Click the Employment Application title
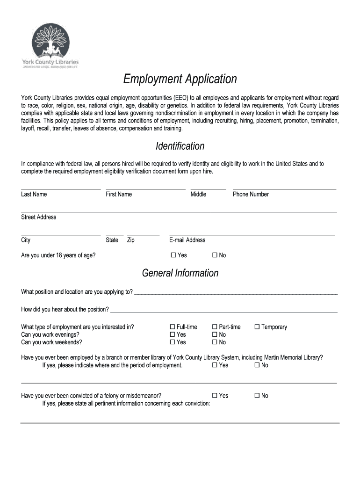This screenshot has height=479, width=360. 180,79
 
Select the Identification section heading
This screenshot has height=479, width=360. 180,146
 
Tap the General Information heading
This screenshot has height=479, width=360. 180,273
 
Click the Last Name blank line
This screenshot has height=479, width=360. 61,188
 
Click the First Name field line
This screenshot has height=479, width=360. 145,188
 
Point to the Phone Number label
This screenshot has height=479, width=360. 251,194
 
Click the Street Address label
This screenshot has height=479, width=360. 38,217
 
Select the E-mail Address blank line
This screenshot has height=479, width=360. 252,233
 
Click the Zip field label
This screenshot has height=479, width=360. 131,240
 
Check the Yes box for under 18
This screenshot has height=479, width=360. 173,255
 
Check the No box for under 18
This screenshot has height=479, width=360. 215,255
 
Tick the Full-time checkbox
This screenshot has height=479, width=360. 172,327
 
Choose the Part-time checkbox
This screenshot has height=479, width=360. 215,327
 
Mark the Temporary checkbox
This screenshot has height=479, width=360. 257,327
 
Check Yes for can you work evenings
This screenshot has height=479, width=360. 172,334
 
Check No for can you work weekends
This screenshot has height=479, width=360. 215,342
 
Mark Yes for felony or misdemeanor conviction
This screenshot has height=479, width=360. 215,396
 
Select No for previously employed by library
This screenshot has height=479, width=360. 257,365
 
